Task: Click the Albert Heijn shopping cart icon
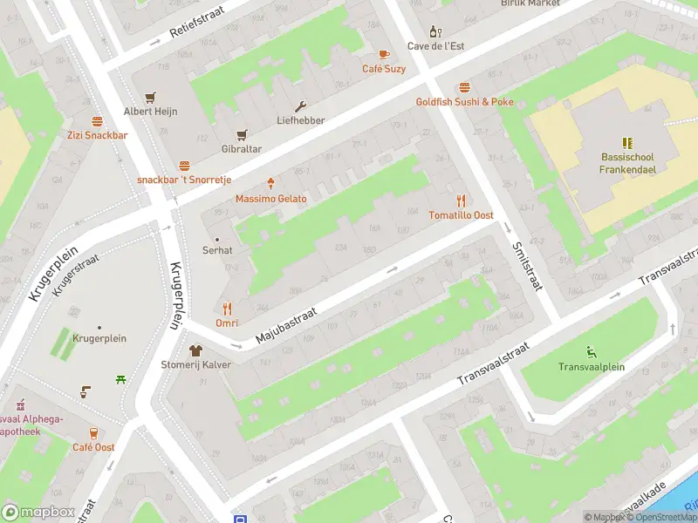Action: click(151, 97)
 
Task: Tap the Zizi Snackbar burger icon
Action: click(97, 121)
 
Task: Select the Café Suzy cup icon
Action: click(384, 54)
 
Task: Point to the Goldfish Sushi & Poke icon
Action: click(464, 87)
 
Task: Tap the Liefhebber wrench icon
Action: click(301, 106)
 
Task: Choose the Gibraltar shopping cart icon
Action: click(242, 134)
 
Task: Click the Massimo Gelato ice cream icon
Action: click(271, 184)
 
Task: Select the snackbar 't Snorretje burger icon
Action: click(184, 165)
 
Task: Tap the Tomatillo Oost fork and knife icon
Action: click(461, 200)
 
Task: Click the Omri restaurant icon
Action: click(227, 308)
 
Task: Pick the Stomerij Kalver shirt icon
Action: click(195, 350)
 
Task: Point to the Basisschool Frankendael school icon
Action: click(626, 142)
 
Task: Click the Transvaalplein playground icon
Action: click(592, 352)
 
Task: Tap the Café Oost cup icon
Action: click(93, 432)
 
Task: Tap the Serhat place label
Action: click(217, 249)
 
